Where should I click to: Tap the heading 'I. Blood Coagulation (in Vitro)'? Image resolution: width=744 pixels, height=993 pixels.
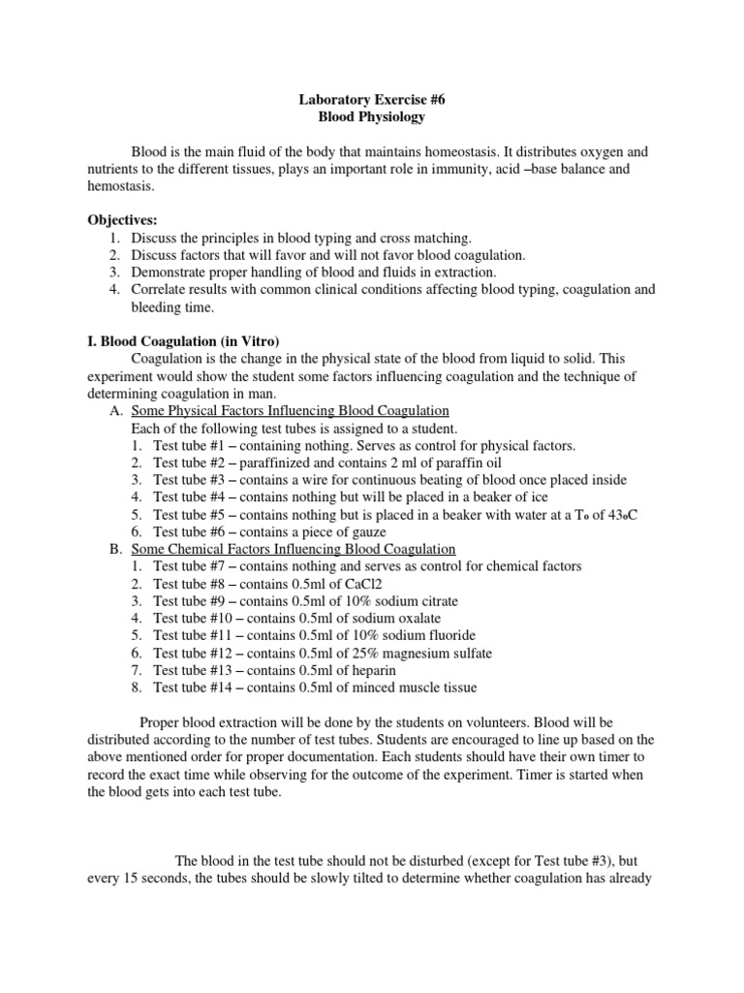[x=182, y=340]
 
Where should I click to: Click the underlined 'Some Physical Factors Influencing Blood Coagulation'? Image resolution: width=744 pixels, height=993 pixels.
[x=290, y=410]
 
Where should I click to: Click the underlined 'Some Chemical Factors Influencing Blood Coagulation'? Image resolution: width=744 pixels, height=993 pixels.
[x=292, y=548]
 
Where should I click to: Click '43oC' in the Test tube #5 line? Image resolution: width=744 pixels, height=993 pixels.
[x=621, y=514]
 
